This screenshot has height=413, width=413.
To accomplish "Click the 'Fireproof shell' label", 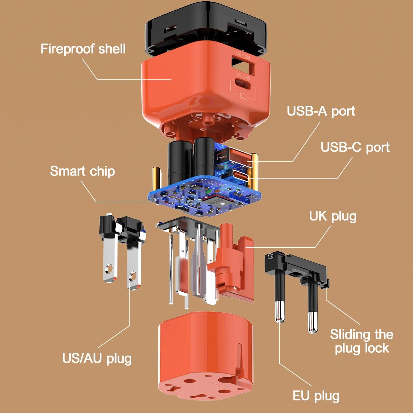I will [83, 49].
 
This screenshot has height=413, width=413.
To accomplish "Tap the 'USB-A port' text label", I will [321, 111].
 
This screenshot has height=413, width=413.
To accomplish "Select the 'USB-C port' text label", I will [355, 147].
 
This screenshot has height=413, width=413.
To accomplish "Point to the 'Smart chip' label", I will [82, 171].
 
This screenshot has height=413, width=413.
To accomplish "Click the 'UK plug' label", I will [333, 216].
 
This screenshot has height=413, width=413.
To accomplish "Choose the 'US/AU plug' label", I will [97, 358].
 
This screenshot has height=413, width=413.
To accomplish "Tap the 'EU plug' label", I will [316, 396].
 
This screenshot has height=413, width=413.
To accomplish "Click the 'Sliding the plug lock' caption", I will [361, 341].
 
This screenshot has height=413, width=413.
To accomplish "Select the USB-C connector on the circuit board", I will [241, 176].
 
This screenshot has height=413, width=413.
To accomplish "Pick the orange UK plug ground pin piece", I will [227, 258].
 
